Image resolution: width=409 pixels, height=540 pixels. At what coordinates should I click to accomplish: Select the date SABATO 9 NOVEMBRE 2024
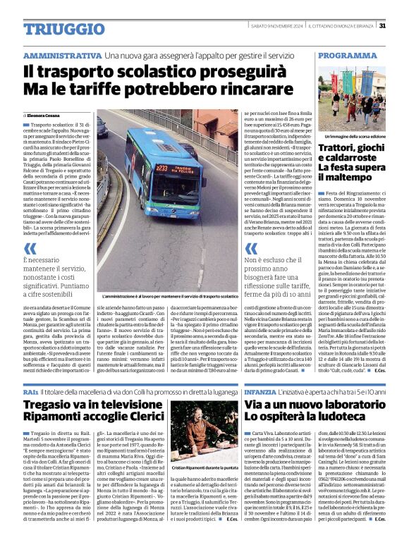275,26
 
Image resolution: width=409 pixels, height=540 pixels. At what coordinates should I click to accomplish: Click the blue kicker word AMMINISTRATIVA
61,55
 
